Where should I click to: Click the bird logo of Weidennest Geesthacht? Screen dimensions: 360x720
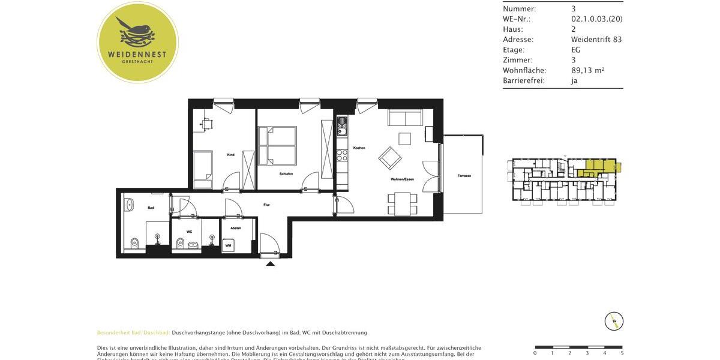(137, 34)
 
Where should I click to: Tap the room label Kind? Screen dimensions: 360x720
(230, 155)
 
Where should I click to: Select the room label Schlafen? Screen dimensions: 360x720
(286, 174)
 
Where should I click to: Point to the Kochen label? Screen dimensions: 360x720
(359, 148)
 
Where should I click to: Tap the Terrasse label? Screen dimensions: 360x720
(464, 176)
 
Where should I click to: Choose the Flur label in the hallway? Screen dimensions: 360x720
(266, 205)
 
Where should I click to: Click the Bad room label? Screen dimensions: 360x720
(151, 208)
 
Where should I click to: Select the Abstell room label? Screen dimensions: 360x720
(235, 228)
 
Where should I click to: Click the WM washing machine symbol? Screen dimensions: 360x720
(228, 245)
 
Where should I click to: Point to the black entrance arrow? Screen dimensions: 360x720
(271, 263)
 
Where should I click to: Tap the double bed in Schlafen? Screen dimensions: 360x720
(277, 145)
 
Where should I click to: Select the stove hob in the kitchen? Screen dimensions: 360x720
(342, 155)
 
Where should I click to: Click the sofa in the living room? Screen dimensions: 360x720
(406, 118)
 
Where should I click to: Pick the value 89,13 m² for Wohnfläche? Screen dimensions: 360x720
(587, 70)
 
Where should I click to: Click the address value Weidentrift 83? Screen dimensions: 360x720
(596, 40)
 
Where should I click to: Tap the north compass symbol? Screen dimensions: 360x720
(614, 321)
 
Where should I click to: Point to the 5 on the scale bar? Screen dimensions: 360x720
(622, 353)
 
